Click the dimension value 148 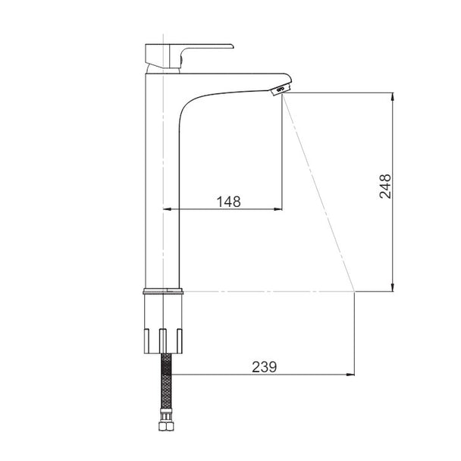[228, 202]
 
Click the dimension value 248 [385, 187]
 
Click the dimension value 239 [265, 367]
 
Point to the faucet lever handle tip [232, 46]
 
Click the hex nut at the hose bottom [166, 426]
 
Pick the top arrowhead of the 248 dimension [392, 97]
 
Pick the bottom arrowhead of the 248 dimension [392, 287]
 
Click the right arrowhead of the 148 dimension [278, 209]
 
